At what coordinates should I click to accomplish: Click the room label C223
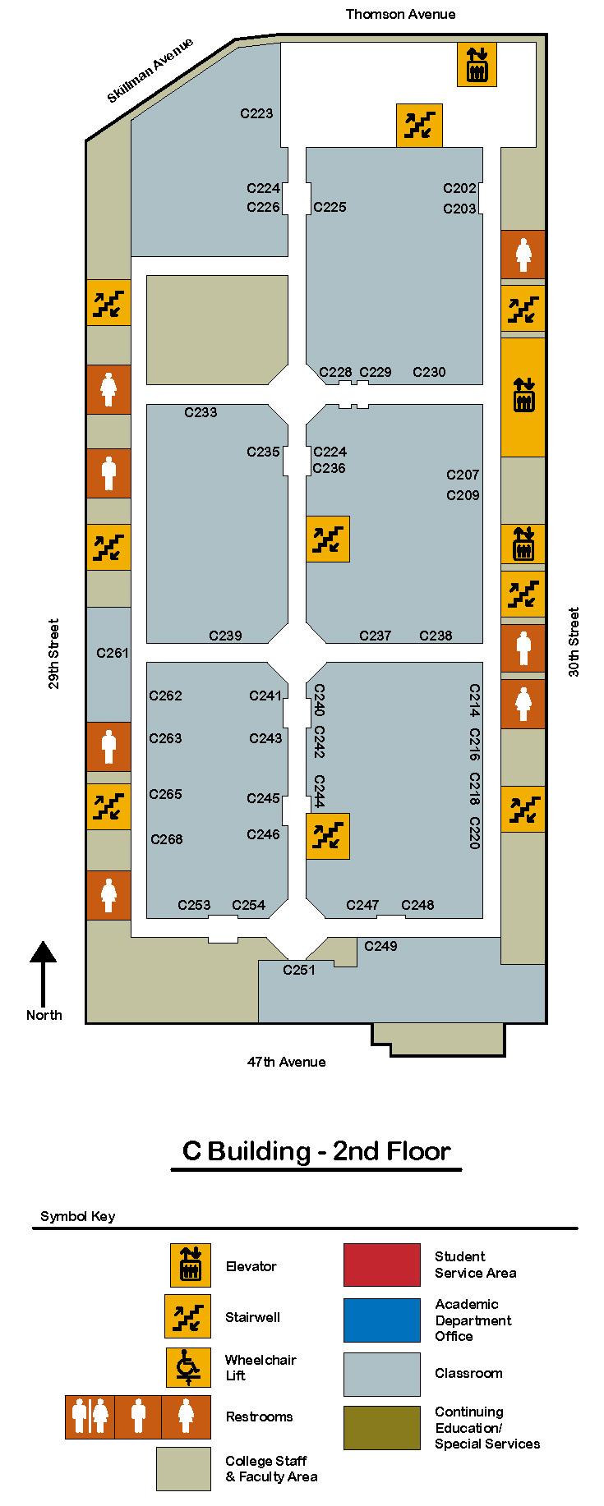coord(256,113)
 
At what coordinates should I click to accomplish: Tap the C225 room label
coord(330,207)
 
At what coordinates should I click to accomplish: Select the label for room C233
coord(201,412)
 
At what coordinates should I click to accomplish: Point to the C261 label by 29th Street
coord(113,653)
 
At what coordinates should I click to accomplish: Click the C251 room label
coord(299,970)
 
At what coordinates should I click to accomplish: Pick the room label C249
coord(380,946)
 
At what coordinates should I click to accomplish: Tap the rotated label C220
coord(474,833)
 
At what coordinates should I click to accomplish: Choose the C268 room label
coord(167,839)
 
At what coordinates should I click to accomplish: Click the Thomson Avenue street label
coord(400,14)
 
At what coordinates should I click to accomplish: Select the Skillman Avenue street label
coord(150,71)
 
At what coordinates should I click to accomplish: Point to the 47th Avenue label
coord(286,1062)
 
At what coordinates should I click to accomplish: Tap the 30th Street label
coord(574,642)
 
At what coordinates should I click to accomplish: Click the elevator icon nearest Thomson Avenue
coord(477,65)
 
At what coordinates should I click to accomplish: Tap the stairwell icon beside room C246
coord(328,836)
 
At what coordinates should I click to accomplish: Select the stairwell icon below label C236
coord(328,539)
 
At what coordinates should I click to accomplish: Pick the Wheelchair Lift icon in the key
coord(188,1367)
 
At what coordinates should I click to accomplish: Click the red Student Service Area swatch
coord(381,1265)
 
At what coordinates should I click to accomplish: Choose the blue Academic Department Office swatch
coord(381,1320)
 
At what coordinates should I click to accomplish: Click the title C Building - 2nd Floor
coord(316,1150)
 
